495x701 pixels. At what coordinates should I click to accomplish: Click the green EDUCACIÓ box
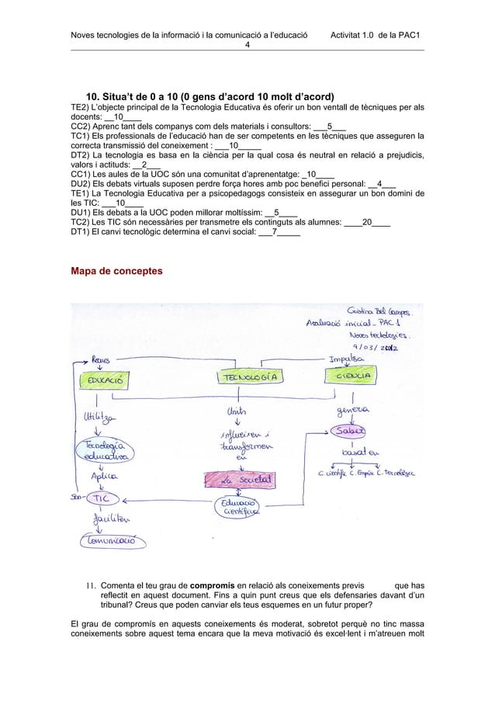[102, 382]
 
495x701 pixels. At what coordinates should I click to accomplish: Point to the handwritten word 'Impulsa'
[348, 359]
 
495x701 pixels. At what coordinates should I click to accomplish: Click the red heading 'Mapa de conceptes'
[116, 272]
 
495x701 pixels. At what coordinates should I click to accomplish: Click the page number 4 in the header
[247, 44]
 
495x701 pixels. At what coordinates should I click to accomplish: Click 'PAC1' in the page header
[407, 34]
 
